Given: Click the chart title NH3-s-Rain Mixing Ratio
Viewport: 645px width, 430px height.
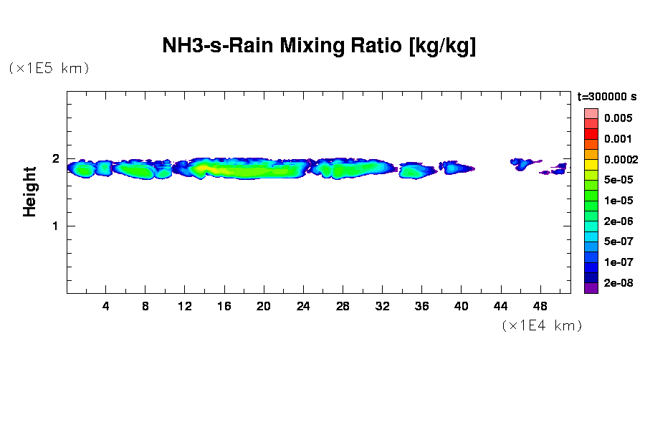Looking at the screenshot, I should click(319, 47).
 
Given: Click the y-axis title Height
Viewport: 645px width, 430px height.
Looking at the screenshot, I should click(29, 191).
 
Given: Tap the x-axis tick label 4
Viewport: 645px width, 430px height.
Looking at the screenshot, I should click(106, 306).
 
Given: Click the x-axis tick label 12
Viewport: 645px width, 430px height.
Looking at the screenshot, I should click(185, 306).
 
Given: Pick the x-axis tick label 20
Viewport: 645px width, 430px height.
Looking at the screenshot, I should click(264, 306).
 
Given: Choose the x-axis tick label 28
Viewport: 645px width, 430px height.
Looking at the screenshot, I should click(343, 306).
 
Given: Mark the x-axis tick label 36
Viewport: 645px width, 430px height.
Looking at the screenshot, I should click(421, 306).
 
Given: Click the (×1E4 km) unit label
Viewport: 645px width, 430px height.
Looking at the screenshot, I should click(541, 325).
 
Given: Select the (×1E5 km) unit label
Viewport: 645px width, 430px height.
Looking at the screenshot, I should click(49, 68).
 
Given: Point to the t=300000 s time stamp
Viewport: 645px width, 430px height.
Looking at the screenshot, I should click(607, 96).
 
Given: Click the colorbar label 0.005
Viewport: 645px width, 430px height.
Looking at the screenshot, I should click(618, 118).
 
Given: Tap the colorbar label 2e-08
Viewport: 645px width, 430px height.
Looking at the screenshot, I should click(618, 282).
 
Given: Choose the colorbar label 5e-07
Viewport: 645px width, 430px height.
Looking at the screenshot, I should click(618, 242).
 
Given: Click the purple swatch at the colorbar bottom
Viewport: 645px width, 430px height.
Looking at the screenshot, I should click(591, 288).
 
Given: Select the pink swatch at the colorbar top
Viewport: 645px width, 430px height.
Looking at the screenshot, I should click(591, 113).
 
